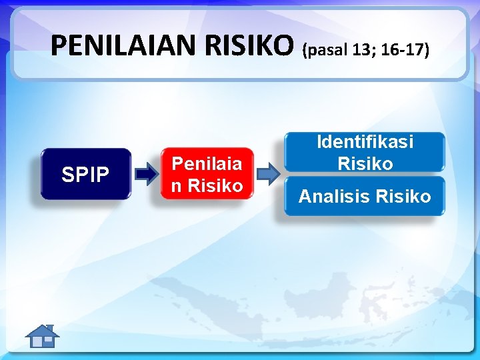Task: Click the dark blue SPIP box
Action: coord(85,175)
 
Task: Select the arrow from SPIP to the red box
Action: coord(146,175)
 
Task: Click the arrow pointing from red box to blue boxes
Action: coord(268,174)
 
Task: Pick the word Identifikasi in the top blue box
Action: coord(365,142)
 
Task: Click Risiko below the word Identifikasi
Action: coord(365,163)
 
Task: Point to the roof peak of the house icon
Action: coord(44,326)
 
